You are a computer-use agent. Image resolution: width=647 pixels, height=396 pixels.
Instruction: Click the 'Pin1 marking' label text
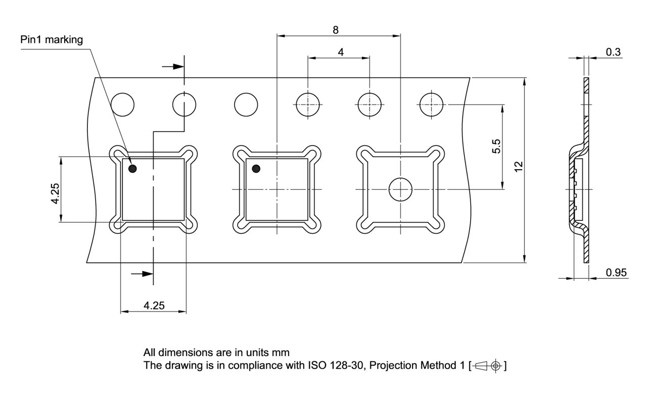52,40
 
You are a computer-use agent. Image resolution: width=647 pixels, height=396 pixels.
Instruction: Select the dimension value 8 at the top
335,30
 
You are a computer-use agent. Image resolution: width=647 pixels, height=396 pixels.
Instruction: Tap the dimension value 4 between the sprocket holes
341,52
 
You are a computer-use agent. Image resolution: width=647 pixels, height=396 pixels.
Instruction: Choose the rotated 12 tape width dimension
518,167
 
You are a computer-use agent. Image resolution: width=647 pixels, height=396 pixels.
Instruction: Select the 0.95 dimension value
616,272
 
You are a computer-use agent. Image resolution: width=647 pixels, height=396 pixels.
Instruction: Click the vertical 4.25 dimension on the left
55,192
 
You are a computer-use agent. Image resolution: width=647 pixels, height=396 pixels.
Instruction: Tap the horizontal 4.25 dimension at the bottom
154,306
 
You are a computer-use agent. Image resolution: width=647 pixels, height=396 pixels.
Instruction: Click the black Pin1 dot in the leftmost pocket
132,169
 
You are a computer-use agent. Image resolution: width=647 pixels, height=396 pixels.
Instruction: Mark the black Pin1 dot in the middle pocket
256,169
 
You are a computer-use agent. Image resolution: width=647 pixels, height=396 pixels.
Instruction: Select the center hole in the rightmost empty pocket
400,189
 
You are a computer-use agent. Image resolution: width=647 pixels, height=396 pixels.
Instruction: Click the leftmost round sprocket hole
123,105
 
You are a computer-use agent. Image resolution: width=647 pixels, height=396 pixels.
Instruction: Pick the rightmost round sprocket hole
431,105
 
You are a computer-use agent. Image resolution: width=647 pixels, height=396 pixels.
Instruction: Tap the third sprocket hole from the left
246,105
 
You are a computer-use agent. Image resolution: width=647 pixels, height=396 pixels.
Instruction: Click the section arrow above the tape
172,66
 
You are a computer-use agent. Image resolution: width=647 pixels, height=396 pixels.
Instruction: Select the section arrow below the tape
142,273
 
